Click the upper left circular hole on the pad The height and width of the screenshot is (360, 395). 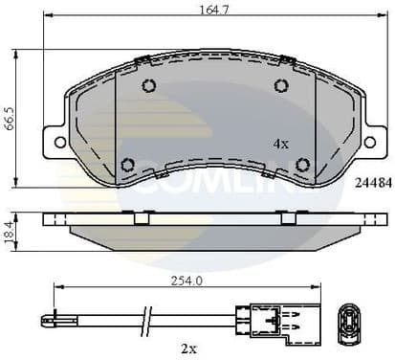tap(148, 86)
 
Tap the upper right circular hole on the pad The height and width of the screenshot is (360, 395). tap(281, 86)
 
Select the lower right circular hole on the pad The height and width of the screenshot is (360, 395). tap(302, 164)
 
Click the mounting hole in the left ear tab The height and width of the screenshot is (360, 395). tap(60, 142)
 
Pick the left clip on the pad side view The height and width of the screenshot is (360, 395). tap(141, 217)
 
